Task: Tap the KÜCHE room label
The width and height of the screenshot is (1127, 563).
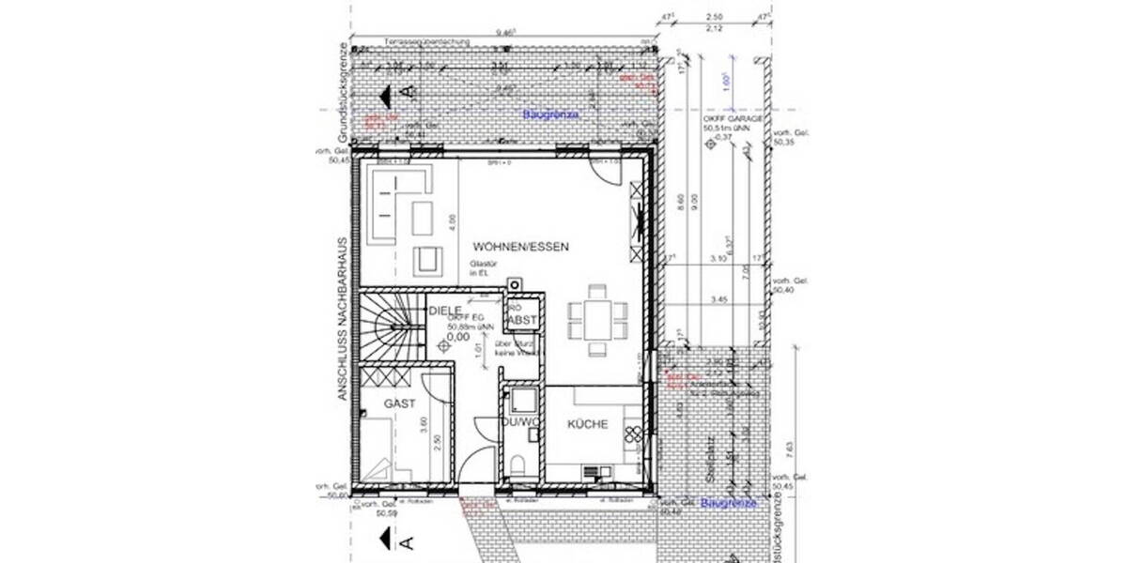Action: [x=587, y=424]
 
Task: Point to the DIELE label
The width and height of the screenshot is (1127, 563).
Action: [x=443, y=310]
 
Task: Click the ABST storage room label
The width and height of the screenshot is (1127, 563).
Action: [x=522, y=321]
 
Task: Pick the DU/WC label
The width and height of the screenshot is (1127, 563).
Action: [x=519, y=424]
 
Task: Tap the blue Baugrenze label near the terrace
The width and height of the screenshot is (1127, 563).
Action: [x=551, y=114]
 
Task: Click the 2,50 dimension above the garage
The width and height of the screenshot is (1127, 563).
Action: [x=716, y=17]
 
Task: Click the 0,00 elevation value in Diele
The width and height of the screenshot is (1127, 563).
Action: [x=458, y=336]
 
